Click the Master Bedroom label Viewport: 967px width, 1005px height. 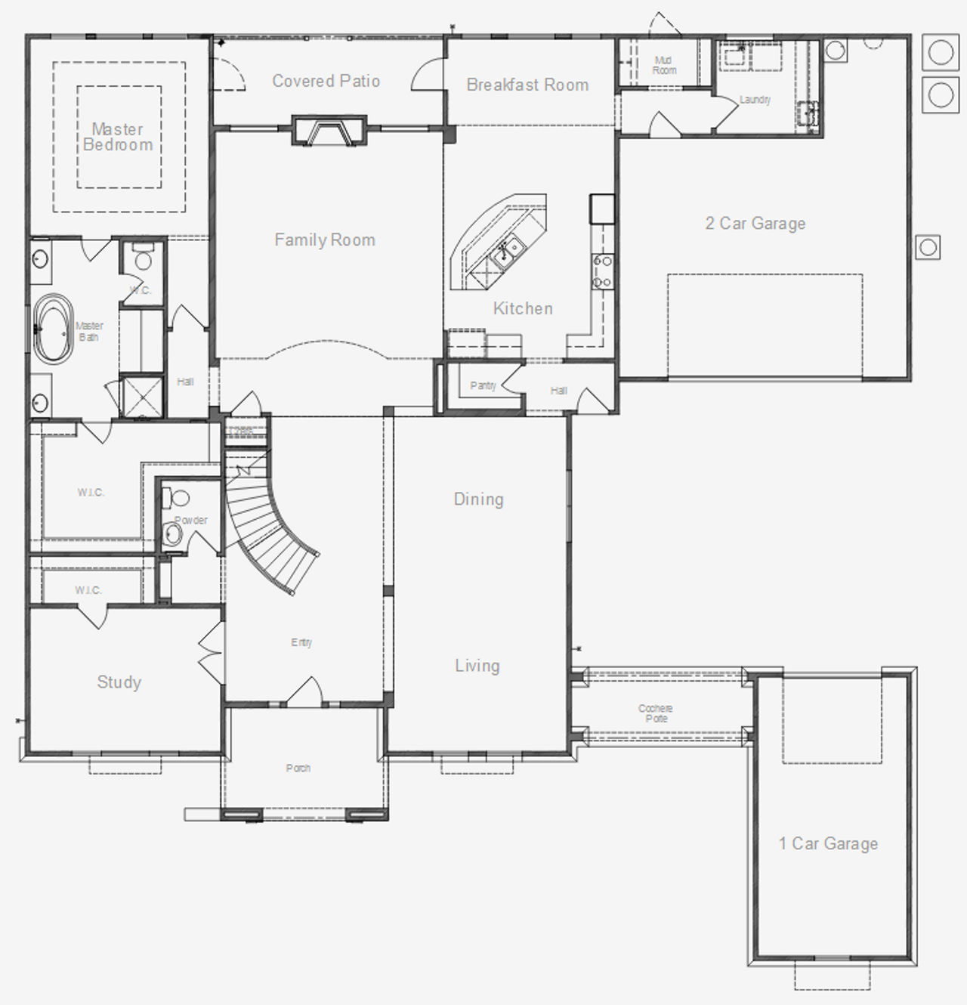coord(118,137)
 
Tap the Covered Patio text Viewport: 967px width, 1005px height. coord(326,81)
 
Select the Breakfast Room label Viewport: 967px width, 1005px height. coord(527,85)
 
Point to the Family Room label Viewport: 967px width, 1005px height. coord(325,240)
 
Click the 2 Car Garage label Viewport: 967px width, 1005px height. coord(755,223)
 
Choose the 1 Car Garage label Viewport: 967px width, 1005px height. coord(828,843)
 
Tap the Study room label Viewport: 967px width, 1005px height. coord(119,682)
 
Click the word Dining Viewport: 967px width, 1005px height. coord(478,499)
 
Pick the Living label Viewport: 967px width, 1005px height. coord(477,665)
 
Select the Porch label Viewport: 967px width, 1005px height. coord(298,768)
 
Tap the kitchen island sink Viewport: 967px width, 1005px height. coord(506,249)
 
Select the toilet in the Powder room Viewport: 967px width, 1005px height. coord(179,499)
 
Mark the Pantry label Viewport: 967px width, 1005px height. coord(483,385)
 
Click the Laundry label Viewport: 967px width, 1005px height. coord(755,99)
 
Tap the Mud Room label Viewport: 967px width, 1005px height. coord(664,65)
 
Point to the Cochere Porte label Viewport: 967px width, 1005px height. coord(655,713)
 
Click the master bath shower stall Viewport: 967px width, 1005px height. coord(142,395)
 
